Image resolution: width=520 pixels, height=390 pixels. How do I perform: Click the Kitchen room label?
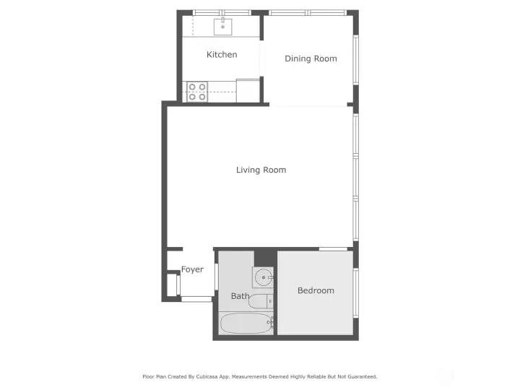click(222, 54)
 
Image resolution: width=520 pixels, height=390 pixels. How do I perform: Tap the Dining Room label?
click(311, 58)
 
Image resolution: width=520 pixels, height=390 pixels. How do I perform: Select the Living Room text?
click(261, 170)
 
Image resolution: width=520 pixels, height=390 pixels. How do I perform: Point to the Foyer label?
click(192, 269)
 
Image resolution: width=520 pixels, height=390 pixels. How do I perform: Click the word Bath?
click(240, 296)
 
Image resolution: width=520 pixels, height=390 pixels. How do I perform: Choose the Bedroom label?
click(316, 290)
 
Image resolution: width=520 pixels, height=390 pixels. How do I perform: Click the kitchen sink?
click(222, 27)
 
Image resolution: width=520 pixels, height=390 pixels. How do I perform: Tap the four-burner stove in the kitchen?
click(197, 92)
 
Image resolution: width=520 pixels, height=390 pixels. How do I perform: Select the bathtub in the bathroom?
click(246, 324)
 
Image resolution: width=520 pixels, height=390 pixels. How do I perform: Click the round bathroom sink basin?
click(264, 277)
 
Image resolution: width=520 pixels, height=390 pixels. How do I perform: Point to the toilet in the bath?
click(261, 301)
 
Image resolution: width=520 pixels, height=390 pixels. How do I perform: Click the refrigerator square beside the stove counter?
click(248, 90)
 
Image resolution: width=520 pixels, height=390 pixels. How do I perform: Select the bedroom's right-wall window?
click(356, 292)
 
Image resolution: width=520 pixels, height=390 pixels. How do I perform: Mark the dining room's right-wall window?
click(356, 60)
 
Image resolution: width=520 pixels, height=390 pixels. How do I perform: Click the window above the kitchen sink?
click(222, 13)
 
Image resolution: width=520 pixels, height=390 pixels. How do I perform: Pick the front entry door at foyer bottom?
click(196, 299)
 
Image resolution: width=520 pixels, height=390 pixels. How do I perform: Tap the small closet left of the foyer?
click(173, 285)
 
